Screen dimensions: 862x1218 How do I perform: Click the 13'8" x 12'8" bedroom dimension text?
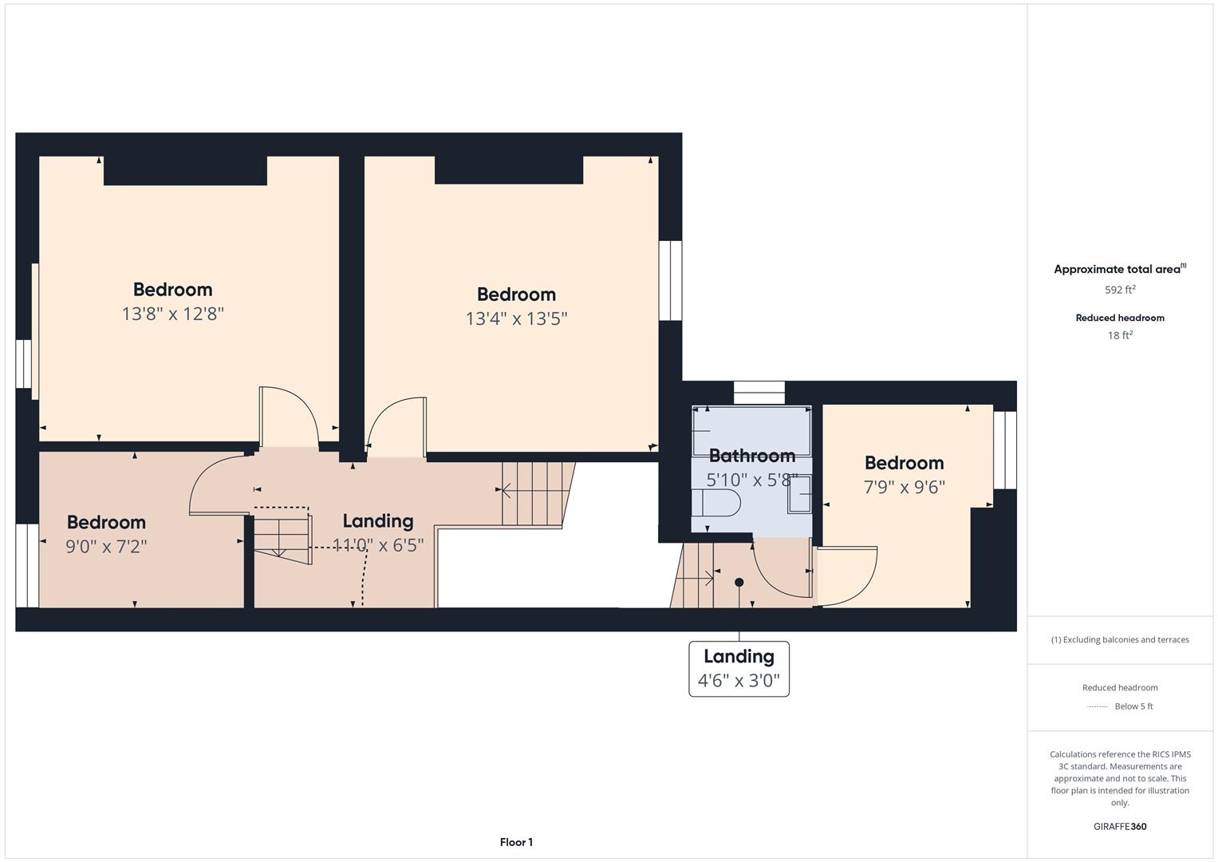click(x=172, y=314)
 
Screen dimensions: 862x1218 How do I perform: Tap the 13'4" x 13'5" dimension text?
click(x=516, y=318)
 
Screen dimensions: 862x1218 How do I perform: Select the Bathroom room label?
click(x=751, y=456)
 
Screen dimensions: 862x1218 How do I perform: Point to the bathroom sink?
click(x=800, y=495)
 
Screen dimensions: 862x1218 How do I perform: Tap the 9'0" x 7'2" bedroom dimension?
click(x=106, y=546)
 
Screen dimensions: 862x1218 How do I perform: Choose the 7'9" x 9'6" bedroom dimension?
click(x=904, y=487)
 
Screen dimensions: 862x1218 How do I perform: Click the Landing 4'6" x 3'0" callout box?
click(x=739, y=669)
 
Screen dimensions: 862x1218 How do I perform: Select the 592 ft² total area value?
click(x=1120, y=290)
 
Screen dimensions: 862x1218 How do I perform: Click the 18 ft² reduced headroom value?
click(x=1120, y=335)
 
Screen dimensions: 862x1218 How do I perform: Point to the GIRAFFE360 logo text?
click(x=1120, y=826)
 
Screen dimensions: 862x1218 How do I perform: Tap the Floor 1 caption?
click(x=516, y=842)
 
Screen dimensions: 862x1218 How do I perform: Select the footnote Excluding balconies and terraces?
click(x=1120, y=639)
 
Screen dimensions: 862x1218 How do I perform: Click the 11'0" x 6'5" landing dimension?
click(x=377, y=545)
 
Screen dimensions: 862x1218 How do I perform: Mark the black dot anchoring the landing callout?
click(x=739, y=583)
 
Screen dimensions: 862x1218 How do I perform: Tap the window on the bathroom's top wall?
click(x=759, y=393)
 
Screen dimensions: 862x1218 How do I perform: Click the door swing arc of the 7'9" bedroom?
click(x=857, y=576)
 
